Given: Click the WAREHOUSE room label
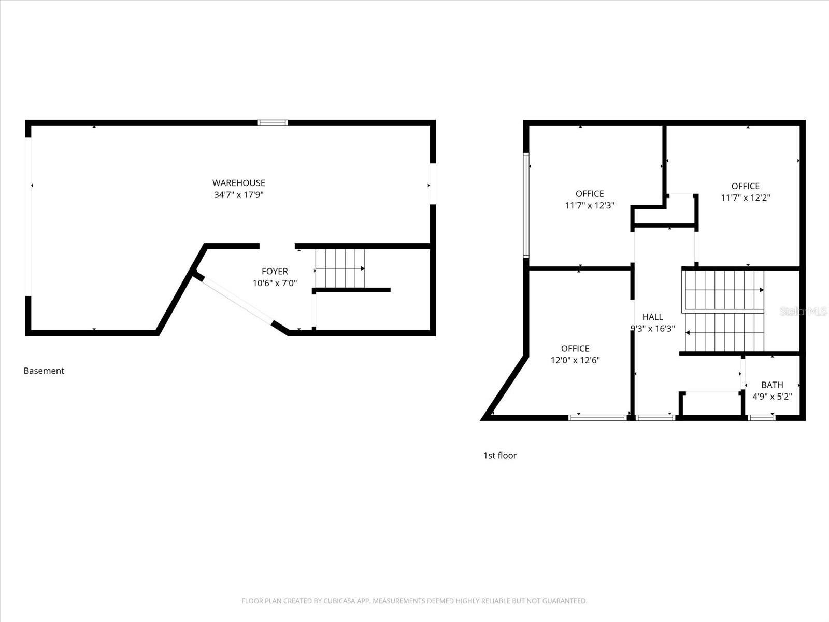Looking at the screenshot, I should [238, 183].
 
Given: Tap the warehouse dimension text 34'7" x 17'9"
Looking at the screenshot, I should [238, 195].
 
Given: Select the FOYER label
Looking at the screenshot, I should [275, 271].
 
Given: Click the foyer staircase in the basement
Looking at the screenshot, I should [340, 268].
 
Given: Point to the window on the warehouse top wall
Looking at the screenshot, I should [273, 123].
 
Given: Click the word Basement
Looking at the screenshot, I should [44, 371].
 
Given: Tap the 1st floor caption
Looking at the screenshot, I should [500, 456].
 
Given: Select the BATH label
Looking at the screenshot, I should [772, 385].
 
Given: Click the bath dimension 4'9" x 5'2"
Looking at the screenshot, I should [772, 397].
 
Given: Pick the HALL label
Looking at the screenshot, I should [652, 317].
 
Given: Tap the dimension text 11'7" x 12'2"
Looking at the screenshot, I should [746, 197].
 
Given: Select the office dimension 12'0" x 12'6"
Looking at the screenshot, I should [575, 360].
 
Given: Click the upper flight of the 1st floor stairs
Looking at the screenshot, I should [724, 290].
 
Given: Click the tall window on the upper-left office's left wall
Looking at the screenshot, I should [526, 205].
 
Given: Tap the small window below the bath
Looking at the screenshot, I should [761, 417].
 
